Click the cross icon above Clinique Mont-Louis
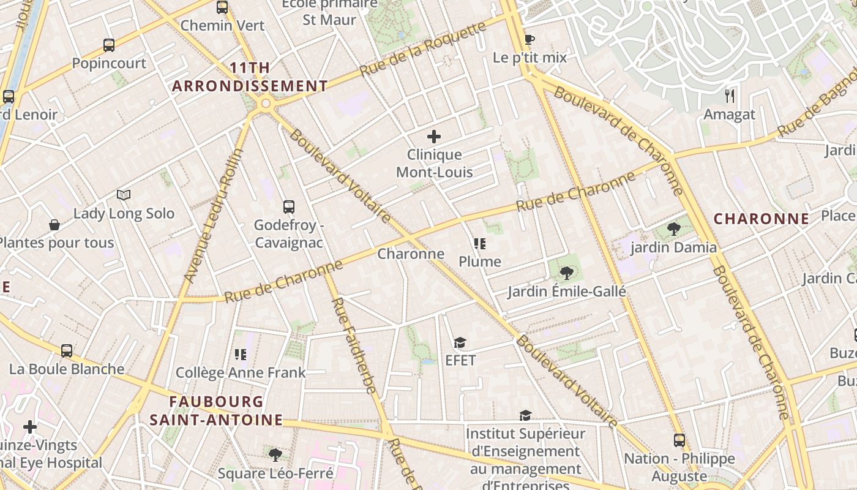pos(434,137)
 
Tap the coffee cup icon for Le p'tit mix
pos(530,40)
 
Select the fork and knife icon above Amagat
pos(729,96)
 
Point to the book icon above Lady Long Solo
pos(124,195)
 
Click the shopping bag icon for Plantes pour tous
pos(54,225)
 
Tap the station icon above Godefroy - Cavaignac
pos(289,207)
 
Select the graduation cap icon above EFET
pos(460,342)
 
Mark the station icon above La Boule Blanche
pos(67,351)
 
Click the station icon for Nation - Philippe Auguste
pos(679,440)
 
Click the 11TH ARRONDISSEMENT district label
pos(250,77)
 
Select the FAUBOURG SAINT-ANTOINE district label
pos(216,411)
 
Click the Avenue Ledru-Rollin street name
pos(213,216)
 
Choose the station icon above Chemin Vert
pos(222,7)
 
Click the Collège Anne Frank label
pos(241,372)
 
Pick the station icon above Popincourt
pos(109,45)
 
